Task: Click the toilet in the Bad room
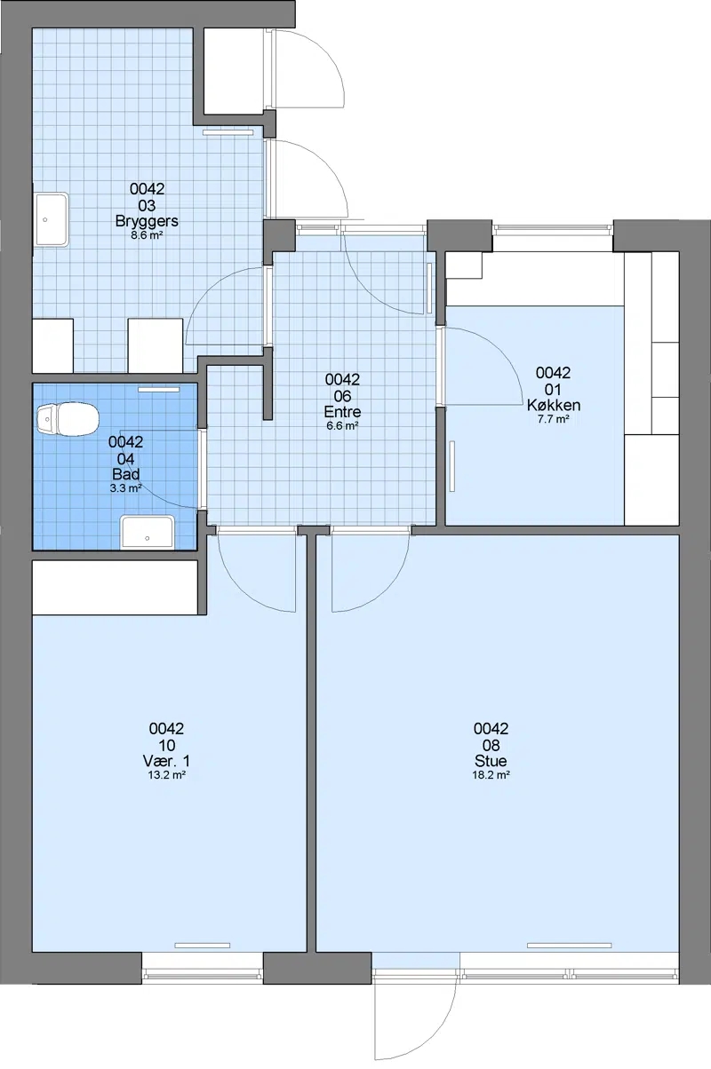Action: click(68, 419)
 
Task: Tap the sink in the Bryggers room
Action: click(52, 219)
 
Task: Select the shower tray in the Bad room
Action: click(148, 532)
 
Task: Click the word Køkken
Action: click(554, 405)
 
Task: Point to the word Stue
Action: click(491, 761)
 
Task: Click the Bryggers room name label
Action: click(148, 221)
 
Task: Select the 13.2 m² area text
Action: click(166, 775)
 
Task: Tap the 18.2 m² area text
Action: click(491, 775)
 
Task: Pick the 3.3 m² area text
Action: click(125, 487)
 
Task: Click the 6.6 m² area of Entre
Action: click(342, 425)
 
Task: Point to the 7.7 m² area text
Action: click(554, 419)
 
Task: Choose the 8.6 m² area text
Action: click(148, 234)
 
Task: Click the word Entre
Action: click(342, 412)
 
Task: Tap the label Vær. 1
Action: click(166, 761)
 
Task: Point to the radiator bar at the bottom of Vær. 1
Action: click(203, 945)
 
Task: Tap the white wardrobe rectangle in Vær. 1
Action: click(115, 588)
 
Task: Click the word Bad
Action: click(125, 474)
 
